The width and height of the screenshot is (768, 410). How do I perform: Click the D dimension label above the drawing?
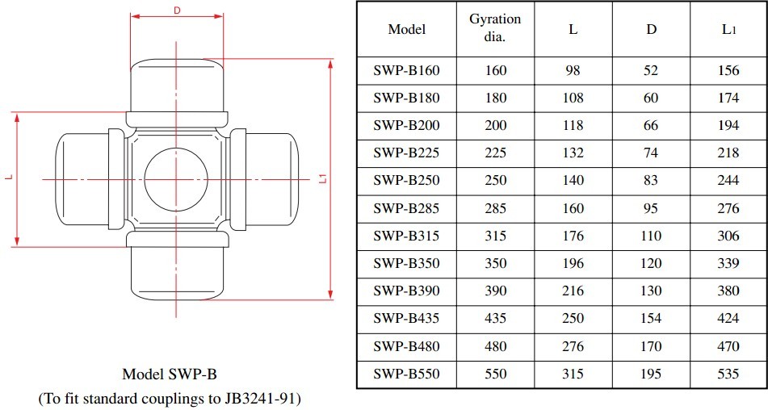[176, 10]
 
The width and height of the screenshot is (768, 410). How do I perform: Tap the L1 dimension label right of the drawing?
[322, 178]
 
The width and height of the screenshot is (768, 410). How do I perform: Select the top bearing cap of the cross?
[176, 82]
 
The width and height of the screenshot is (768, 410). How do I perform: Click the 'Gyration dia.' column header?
[495, 28]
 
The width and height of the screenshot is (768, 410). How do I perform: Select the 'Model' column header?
[406, 29]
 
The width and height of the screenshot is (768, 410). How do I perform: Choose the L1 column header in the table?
[728, 29]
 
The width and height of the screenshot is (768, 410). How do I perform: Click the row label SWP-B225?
[406, 153]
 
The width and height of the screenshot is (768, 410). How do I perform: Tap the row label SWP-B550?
[406, 374]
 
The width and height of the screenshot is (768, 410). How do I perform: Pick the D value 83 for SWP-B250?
[651, 181]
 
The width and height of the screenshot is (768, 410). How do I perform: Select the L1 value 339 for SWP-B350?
[728, 263]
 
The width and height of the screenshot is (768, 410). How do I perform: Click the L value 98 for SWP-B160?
[573, 70]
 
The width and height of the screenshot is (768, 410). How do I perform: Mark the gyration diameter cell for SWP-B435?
[495, 319]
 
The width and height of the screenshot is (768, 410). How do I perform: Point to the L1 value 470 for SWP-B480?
[728, 346]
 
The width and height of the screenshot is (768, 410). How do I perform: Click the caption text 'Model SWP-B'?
[170, 374]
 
